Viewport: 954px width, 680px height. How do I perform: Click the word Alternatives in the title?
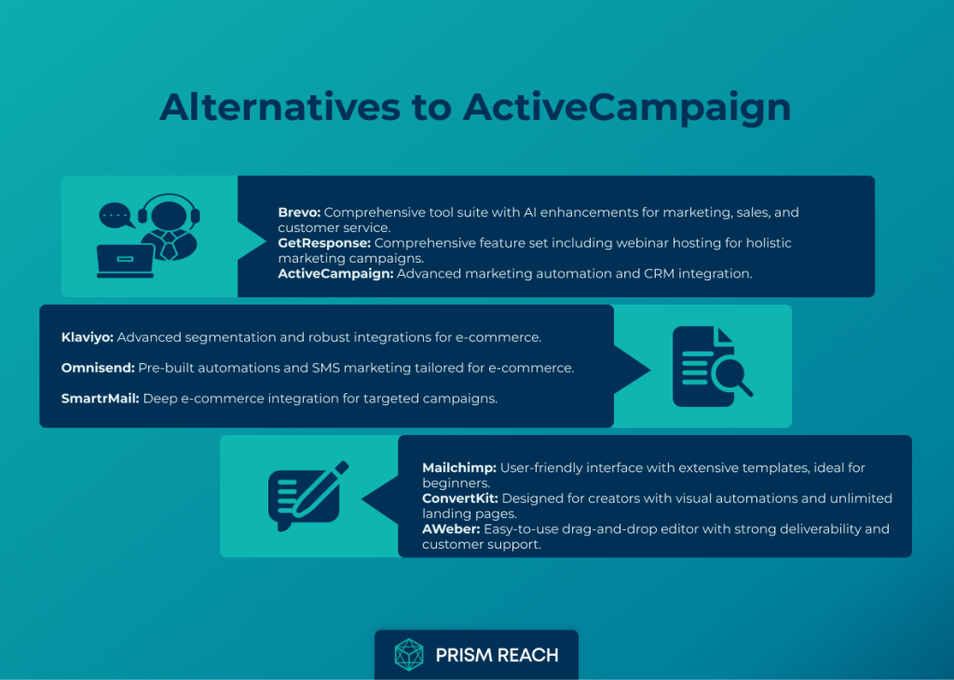pos(279,107)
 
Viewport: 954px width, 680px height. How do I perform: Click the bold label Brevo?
pos(299,212)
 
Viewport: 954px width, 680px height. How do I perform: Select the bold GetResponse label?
pos(324,243)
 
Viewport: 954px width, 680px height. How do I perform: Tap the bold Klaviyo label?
pos(87,337)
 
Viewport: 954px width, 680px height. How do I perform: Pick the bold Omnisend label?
pos(98,368)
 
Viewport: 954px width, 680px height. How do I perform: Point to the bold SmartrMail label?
pos(101,399)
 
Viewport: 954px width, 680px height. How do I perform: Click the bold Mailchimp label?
pos(459,469)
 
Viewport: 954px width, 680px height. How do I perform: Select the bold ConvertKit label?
pos(460,498)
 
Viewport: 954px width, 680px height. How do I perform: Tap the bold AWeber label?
pos(452,529)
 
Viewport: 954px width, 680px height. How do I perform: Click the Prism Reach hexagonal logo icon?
pos(409,655)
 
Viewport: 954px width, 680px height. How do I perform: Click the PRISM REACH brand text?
pos(497,655)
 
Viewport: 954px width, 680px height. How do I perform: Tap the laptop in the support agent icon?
pos(126,260)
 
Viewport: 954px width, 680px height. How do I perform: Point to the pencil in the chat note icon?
pos(320,489)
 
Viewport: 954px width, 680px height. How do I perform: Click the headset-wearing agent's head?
pos(170,215)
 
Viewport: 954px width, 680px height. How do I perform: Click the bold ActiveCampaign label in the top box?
pos(335,274)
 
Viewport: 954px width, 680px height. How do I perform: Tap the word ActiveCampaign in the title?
pos(627,108)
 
